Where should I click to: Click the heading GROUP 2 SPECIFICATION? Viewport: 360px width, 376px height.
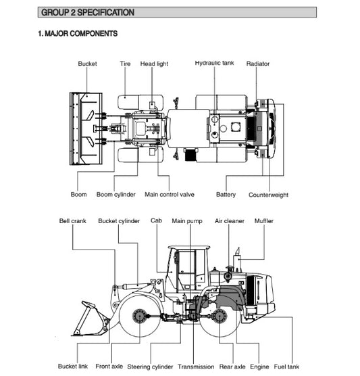(x=88, y=12)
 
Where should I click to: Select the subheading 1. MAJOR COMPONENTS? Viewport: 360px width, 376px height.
(x=78, y=34)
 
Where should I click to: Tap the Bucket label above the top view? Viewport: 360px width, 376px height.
(x=87, y=64)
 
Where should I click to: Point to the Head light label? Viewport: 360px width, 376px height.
(x=154, y=64)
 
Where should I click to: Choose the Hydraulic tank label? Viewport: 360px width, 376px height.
(x=214, y=64)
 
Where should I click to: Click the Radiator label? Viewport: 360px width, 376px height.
(x=258, y=64)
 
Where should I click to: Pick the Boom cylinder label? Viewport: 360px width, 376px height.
(x=116, y=195)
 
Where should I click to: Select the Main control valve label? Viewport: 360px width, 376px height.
(x=170, y=195)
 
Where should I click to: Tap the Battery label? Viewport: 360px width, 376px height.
(x=226, y=195)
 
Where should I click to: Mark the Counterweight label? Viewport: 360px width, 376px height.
(x=269, y=195)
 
